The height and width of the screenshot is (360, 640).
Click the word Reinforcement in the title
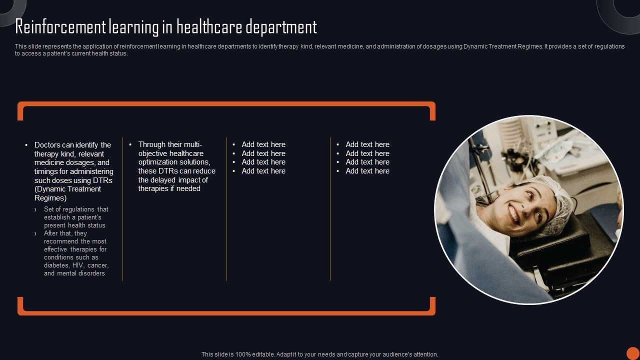click(x=60, y=27)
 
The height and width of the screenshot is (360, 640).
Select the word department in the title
click(x=281, y=27)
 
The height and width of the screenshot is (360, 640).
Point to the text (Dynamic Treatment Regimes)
click(x=67, y=193)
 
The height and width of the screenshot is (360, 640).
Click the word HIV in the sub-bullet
click(x=78, y=265)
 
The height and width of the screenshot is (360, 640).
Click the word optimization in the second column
click(x=157, y=162)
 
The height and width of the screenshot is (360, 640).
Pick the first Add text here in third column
click(x=263, y=144)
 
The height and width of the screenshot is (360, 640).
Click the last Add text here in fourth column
click(x=367, y=171)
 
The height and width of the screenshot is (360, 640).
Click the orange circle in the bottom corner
click(x=633, y=353)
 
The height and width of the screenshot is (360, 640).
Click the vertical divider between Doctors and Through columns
click(x=123, y=209)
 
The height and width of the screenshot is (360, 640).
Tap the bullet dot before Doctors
click(x=26, y=145)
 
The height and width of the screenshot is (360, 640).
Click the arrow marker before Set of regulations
click(x=35, y=209)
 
